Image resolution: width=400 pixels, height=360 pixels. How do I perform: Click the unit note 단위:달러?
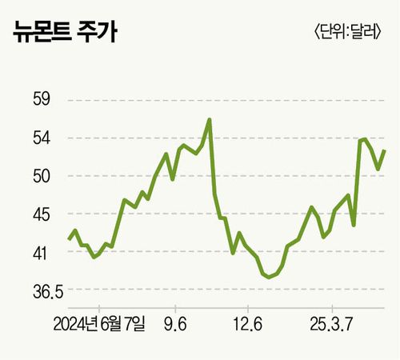pos(346,34)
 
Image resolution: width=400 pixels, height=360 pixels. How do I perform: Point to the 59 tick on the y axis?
pos(40,100)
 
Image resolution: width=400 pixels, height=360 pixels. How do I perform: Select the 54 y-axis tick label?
pos(40,138)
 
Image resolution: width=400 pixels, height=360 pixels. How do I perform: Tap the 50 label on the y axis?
pos(40,176)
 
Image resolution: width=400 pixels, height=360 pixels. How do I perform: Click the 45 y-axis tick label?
pos(40,214)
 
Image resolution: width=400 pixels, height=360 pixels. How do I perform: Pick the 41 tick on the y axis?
pos(40,253)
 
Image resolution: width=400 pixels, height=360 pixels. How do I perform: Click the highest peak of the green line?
pos(210,120)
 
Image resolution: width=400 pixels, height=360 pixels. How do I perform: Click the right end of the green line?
pos(385,150)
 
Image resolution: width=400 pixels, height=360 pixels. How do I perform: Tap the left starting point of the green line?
pos(68,239)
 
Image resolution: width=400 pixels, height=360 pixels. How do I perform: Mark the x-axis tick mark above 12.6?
pos(248,308)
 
